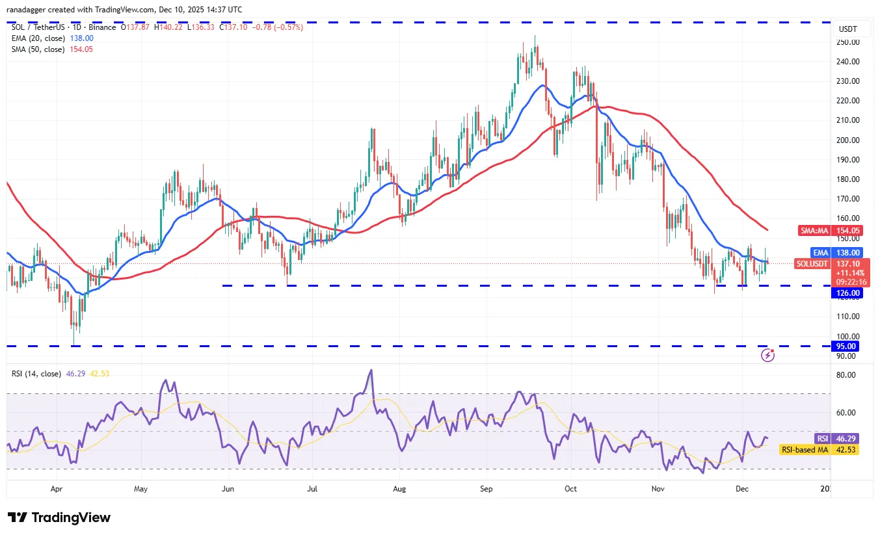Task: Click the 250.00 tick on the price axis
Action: tap(849, 42)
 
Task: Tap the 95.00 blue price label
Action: tap(846, 347)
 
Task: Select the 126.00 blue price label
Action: tap(846, 293)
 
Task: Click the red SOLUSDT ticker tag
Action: tap(812, 264)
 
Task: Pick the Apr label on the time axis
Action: tap(57, 488)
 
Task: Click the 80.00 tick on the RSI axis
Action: tap(846, 375)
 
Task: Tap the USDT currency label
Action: tap(847, 29)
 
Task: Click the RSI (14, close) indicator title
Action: tap(36, 374)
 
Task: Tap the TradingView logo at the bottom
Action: tap(59, 517)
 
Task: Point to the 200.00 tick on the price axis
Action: tap(849, 140)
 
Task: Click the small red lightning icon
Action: tap(768, 355)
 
